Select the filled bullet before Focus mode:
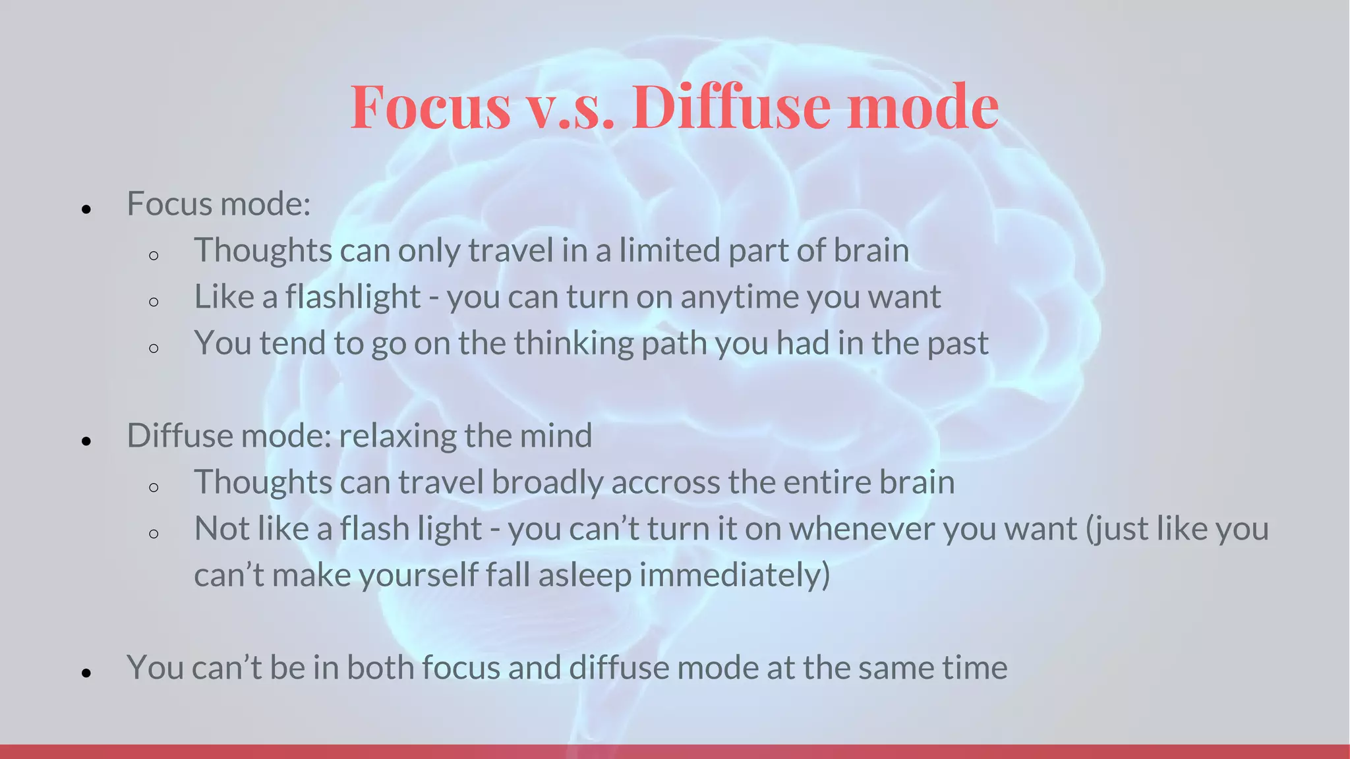(86, 210)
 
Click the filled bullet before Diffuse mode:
(86, 441)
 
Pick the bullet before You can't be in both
(86, 673)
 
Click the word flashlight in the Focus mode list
(353, 296)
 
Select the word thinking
(573, 344)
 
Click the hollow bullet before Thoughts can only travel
(154, 256)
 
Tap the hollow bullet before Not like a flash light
(154, 534)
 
